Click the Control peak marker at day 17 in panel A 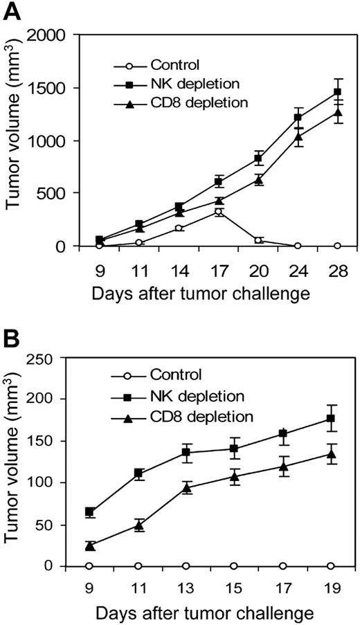(x=219, y=212)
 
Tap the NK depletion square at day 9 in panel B (x=90, y=512)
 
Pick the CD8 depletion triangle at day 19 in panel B (x=330, y=454)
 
